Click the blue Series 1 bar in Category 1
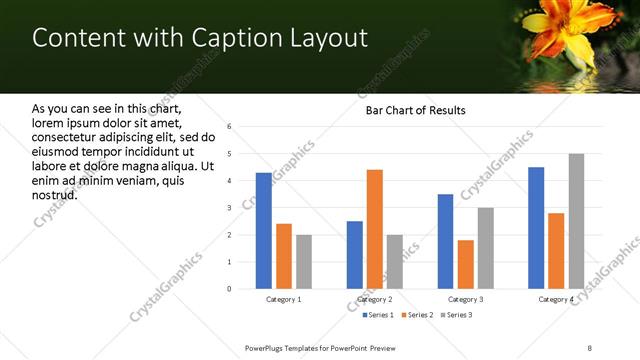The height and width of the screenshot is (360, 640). coord(263,231)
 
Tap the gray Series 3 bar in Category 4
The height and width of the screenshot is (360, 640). coord(576,221)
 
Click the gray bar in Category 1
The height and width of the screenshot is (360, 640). coord(303,262)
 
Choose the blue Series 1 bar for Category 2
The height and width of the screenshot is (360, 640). coord(354,255)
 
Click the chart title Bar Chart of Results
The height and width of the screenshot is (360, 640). coord(415,110)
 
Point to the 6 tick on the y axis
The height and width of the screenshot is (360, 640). coord(230,127)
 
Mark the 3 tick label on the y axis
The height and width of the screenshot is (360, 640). coord(230,208)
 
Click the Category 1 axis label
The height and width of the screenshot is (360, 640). coord(283,299)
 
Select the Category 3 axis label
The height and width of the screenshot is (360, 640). coord(465,299)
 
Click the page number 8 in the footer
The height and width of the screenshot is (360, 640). coord(590,347)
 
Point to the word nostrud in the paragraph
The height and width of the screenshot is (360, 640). coord(54,193)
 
